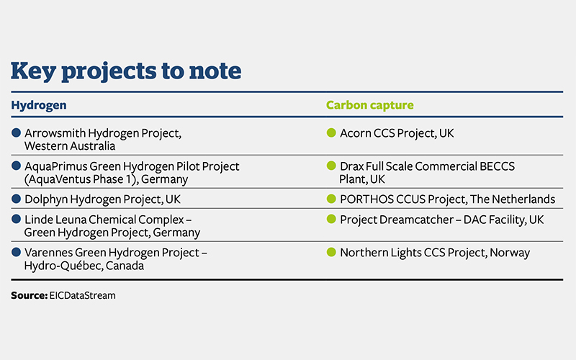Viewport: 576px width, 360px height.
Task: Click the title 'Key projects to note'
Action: point(126,71)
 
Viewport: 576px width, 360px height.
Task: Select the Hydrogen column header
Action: point(39,105)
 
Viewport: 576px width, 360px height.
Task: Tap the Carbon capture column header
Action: point(369,105)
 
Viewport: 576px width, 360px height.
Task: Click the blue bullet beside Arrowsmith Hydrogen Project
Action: point(16,132)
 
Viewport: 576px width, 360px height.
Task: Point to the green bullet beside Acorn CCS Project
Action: point(331,132)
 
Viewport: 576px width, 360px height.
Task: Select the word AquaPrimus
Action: point(55,166)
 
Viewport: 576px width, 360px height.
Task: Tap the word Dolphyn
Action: point(46,199)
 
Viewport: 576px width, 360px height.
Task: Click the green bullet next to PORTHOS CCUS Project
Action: point(331,199)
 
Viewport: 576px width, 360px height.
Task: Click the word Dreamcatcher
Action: point(416,220)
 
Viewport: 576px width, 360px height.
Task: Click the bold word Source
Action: point(29,295)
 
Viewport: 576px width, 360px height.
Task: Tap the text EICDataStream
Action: point(82,295)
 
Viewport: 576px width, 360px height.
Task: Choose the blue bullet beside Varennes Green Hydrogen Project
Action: point(16,252)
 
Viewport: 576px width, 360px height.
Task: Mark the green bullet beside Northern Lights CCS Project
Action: point(331,252)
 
